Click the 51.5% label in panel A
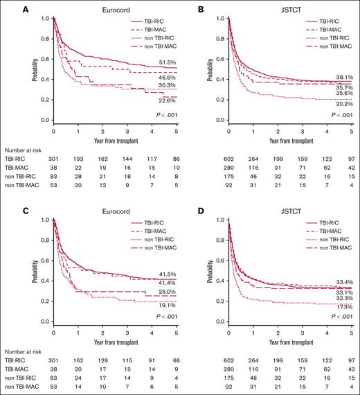160,63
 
